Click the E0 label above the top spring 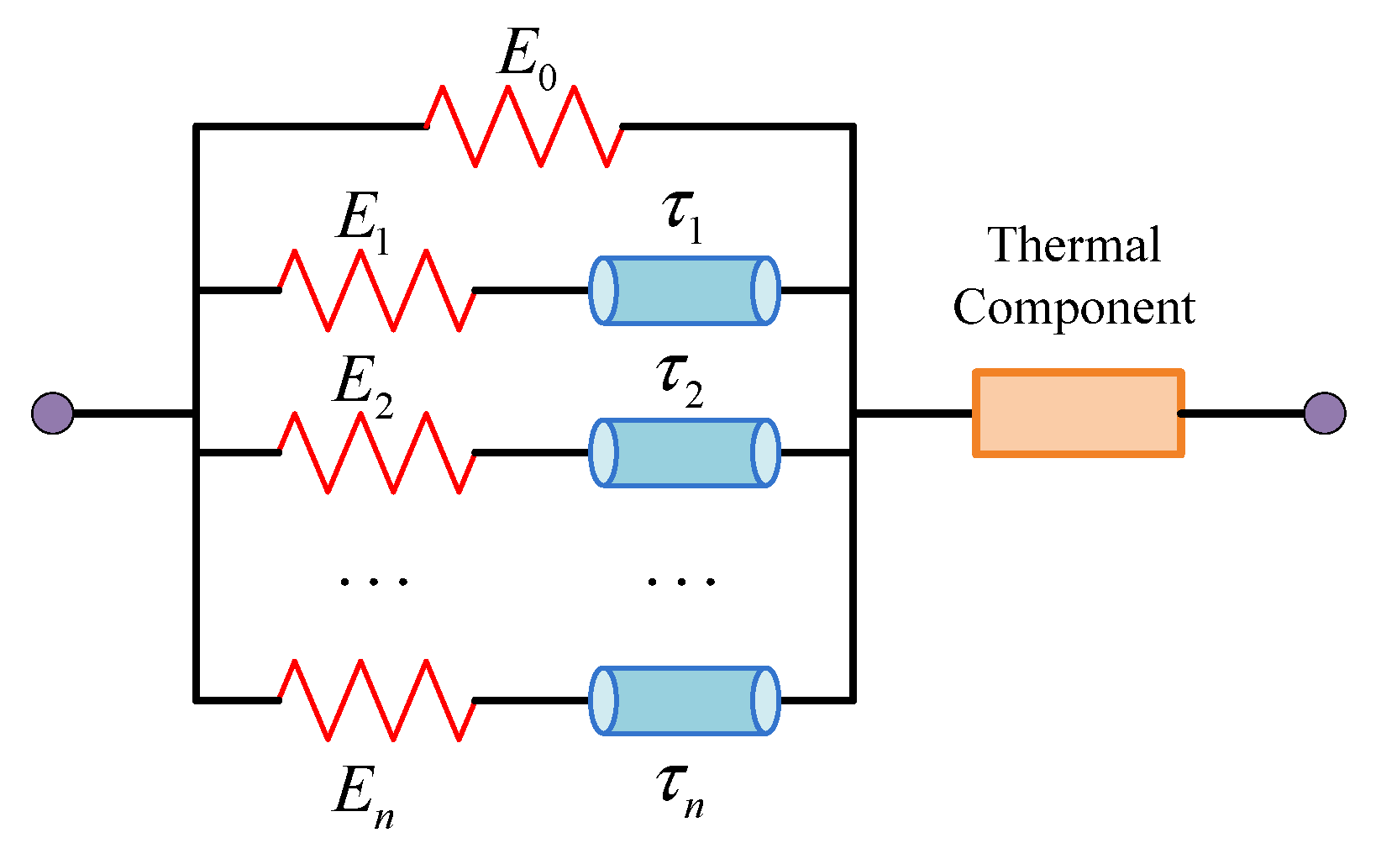pyautogui.click(x=527, y=60)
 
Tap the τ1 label pyautogui.click(x=683, y=218)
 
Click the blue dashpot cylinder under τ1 pyautogui.click(x=685, y=290)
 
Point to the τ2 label pyautogui.click(x=680, y=382)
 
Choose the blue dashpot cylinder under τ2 pyautogui.click(x=685, y=453)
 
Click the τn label pyautogui.click(x=680, y=793)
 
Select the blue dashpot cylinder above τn pyautogui.click(x=685, y=700)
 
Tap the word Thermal pyautogui.click(x=1074, y=245)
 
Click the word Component pyautogui.click(x=1074, y=308)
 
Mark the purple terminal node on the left pyautogui.click(x=53, y=413)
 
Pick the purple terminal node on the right pyautogui.click(x=1325, y=413)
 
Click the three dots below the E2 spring pyautogui.click(x=374, y=582)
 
